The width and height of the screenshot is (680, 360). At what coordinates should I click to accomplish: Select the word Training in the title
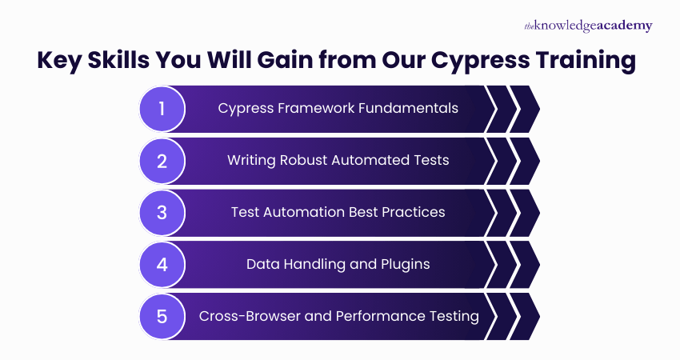(x=587, y=61)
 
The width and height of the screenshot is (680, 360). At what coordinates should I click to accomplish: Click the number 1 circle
(x=162, y=108)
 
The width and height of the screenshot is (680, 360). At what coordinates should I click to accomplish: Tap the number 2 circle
(x=162, y=160)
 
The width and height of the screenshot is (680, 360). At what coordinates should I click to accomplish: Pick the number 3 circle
(x=162, y=212)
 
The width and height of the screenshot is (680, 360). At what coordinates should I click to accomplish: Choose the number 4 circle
(x=162, y=264)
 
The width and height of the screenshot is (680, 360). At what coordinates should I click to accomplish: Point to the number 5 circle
(x=162, y=316)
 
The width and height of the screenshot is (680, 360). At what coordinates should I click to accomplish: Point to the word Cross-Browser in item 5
(x=242, y=316)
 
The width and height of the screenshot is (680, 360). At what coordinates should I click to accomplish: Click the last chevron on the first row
(x=524, y=108)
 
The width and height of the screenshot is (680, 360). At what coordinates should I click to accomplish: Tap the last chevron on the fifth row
(x=524, y=316)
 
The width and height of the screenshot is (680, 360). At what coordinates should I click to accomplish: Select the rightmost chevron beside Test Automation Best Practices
(x=524, y=212)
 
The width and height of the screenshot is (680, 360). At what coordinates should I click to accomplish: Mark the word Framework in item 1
(x=310, y=108)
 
